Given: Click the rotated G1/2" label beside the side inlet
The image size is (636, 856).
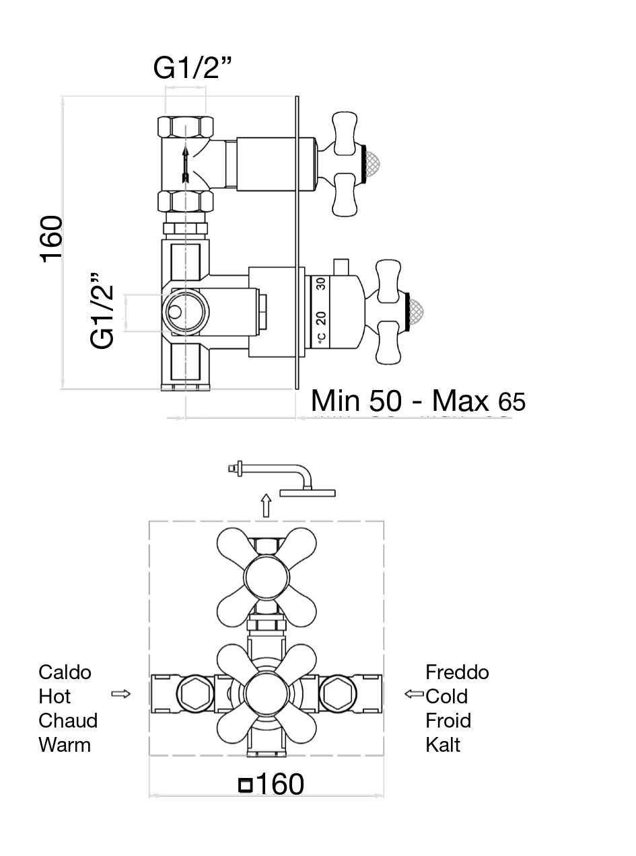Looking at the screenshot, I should tap(104, 311).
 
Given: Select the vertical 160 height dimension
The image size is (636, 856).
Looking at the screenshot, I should tap(51, 239).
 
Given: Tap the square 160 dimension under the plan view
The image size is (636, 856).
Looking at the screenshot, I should tap(272, 784).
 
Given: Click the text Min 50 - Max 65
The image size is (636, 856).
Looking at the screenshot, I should tap(417, 401).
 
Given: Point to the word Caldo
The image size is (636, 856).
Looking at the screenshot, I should tap(65, 672).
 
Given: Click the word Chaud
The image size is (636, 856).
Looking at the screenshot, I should tap(68, 720).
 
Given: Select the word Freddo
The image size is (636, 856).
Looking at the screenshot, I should tap(457, 672).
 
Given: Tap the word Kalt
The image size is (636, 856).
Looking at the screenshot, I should tap(443, 744).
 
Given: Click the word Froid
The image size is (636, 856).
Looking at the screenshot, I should tap(448, 720).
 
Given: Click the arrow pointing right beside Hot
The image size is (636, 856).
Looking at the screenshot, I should tap(120, 693).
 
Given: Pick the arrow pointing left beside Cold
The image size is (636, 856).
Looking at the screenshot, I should tap(414, 693).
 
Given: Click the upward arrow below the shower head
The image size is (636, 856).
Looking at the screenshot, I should tap(266, 505).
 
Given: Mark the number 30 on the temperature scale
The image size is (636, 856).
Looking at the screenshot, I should tap(322, 283).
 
